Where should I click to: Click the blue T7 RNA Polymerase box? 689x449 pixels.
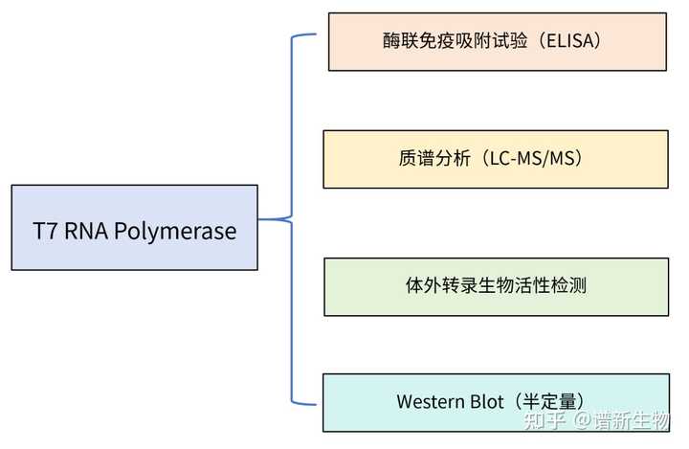(134, 227)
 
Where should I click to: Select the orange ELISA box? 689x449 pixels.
(497, 42)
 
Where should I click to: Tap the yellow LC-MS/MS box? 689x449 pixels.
(495, 159)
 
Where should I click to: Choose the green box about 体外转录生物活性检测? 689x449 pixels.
(496, 286)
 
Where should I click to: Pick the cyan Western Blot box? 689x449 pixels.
(496, 402)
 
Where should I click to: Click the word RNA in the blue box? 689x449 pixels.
(88, 231)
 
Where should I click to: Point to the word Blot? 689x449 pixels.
(486, 402)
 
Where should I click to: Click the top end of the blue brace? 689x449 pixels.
(312, 35)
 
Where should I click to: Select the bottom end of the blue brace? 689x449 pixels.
(312, 402)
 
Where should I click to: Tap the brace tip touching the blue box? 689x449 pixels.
(261, 219)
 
